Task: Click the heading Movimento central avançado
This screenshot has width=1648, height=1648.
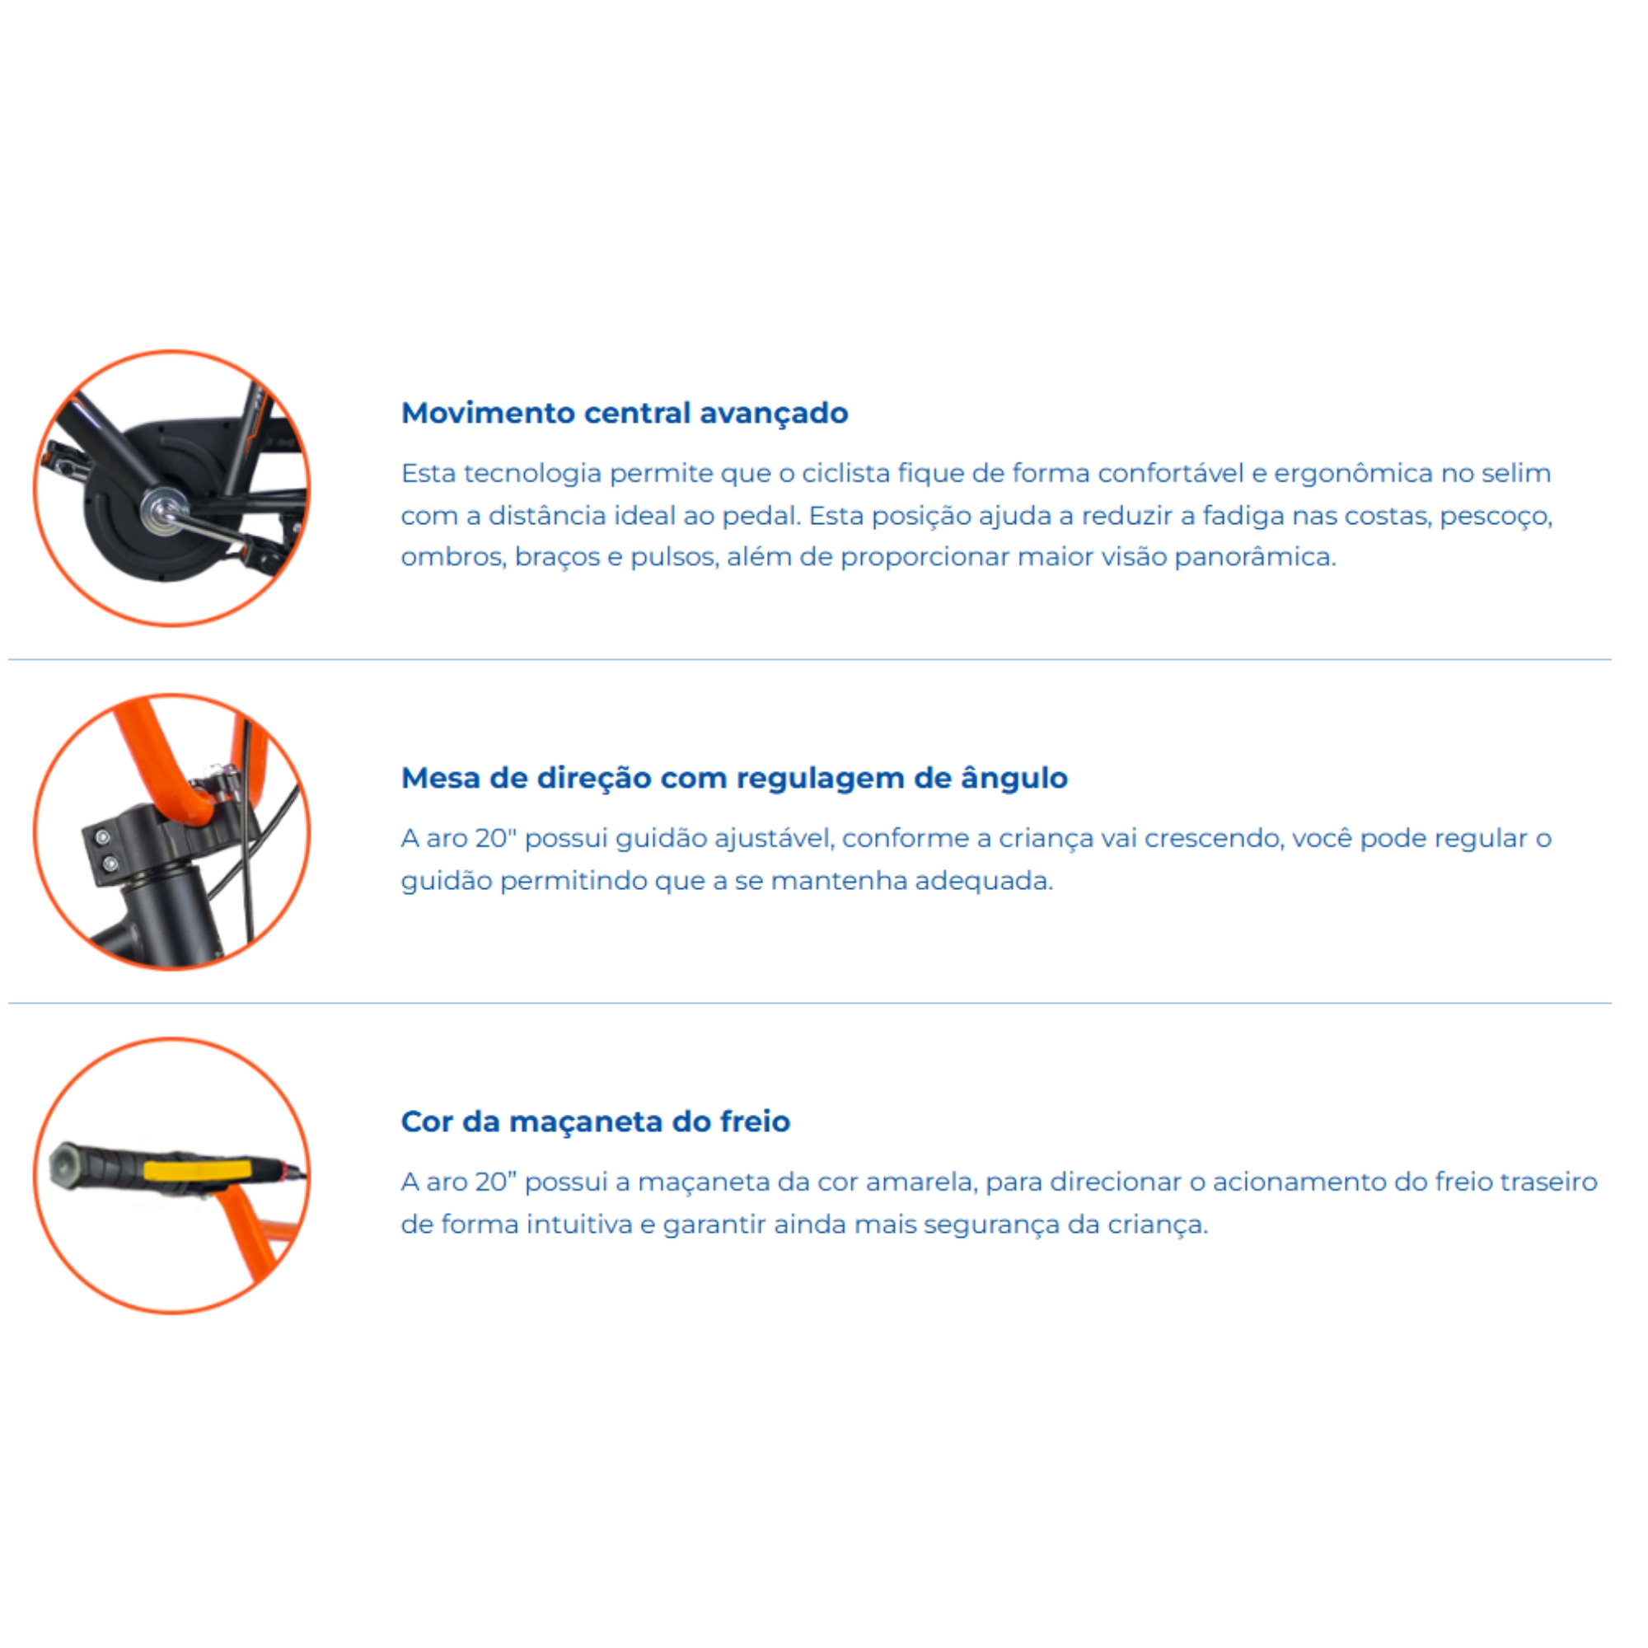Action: tap(625, 413)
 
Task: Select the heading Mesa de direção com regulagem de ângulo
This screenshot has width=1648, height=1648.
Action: tap(734, 778)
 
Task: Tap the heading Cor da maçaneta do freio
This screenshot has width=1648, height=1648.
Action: tap(596, 1121)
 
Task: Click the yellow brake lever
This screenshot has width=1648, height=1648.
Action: tap(197, 1169)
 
